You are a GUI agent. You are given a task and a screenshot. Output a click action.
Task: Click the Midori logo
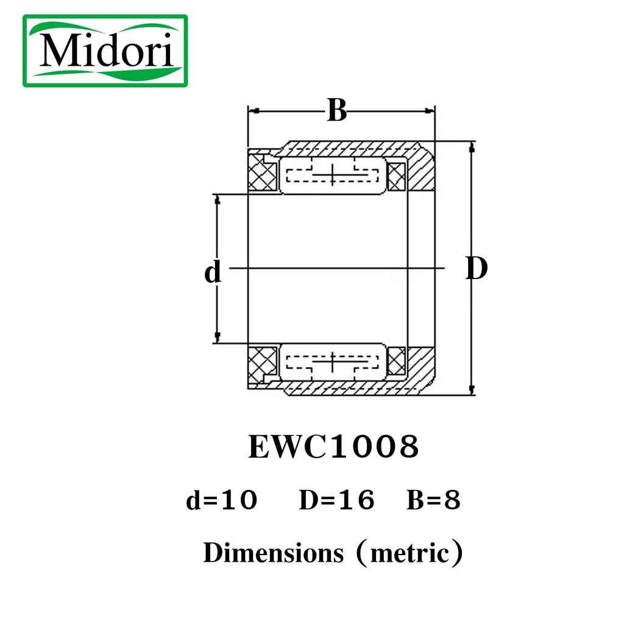point(105,51)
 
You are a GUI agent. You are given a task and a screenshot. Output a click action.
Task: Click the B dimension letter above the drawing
point(336,110)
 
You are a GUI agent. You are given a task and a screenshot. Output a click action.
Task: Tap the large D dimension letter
point(477,268)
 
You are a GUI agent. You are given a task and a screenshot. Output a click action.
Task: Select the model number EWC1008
point(333,447)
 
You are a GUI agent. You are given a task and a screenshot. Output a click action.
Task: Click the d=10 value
point(222,500)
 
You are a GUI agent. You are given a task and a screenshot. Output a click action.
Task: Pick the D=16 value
point(336,500)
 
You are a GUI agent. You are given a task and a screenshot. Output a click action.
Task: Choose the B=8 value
point(433,500)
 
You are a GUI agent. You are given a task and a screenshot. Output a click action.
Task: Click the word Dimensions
point(274,553)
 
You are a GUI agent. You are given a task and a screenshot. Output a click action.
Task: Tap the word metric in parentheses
point(410,553)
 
